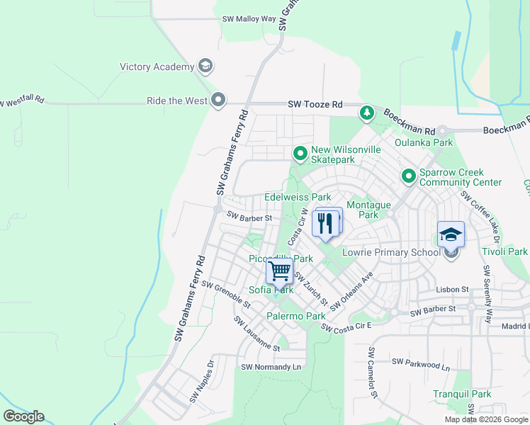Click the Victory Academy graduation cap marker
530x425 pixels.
click(x=206, y=67)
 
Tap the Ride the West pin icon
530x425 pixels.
click(x=218, y=101)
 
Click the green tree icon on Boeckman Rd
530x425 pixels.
click(x=366, y=112)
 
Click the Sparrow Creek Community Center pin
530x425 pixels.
click(x=408, y=175)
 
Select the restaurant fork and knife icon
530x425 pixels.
click(x=325, y=222)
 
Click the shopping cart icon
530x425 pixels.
click(x=280, y=271)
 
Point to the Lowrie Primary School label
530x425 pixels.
click(x=390, y=252)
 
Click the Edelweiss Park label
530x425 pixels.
click(x=298, y=196)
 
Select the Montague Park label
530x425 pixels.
click(x=369, y=210)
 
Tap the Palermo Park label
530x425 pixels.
click(x=295, y=314)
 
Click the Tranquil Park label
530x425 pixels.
click(x=462, y=394)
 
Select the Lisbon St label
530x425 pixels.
click(x=453, y=290)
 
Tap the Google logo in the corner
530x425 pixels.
click(x=24, y=416)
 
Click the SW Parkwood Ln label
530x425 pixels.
click(x=421, y=364)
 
